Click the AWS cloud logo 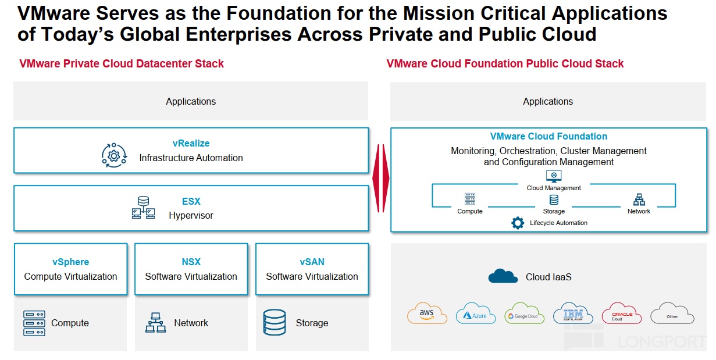[428, 313]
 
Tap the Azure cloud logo [475, 313]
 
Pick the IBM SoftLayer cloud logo [573, 313]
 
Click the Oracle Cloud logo [621, 313]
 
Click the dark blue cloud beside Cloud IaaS [503, 276]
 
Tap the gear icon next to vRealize [113, 155]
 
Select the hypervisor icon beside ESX [143, 207]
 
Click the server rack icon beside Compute [34, 323]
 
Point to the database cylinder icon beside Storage [274, 323]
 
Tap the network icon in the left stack [155, 323]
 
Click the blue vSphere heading [70, 262]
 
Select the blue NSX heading [191, 262]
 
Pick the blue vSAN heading [312, 262]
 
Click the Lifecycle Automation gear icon [517, 223]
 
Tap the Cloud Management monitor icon [553, 176]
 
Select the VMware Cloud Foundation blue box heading [548, 137]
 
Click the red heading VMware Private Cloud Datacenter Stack [122, 64]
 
